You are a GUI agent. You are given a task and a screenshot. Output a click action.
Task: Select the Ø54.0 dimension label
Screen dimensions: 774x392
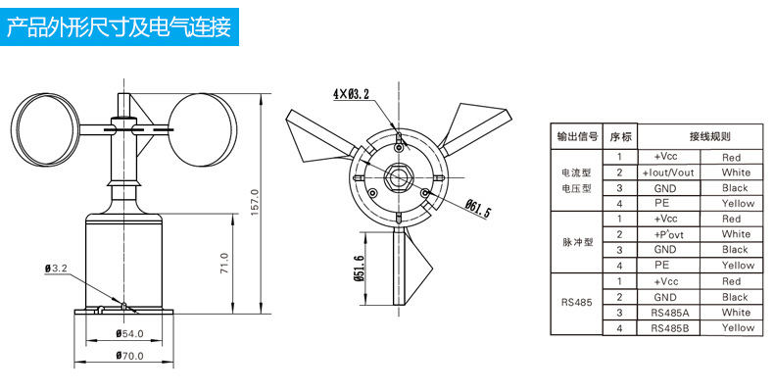coord(127,334)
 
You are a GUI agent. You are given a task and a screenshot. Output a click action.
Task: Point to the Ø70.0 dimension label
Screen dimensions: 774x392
coord(127,355)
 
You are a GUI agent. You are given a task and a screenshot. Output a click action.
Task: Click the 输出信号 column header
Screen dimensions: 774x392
coord(577,137)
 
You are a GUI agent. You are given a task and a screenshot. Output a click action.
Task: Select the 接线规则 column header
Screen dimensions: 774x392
coord(709,137)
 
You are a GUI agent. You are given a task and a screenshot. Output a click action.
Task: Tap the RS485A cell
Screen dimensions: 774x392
coord(670,313)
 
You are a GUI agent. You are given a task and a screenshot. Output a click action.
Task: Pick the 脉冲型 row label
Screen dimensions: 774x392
coord(577,242)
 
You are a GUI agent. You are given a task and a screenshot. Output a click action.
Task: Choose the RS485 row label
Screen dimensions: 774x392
coord(577,305)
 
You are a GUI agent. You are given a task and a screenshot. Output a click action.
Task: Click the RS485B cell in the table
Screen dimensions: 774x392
coord(670,328)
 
